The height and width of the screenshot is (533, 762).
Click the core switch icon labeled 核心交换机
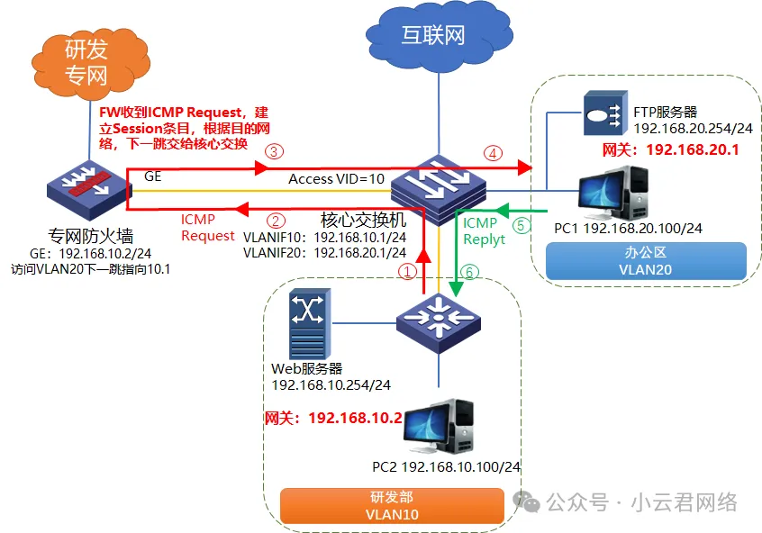[x=439, y=183]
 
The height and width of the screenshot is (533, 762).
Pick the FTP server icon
[x=603, y=114]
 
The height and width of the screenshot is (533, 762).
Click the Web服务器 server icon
[x=308, y=324]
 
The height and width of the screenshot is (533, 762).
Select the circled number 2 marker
[x=277, y=220]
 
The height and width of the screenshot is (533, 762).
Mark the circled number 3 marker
[x=274, y=150]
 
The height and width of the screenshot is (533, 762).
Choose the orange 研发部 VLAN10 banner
[x=395, y=505]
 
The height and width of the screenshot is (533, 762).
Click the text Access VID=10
[x=336, y=179]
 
